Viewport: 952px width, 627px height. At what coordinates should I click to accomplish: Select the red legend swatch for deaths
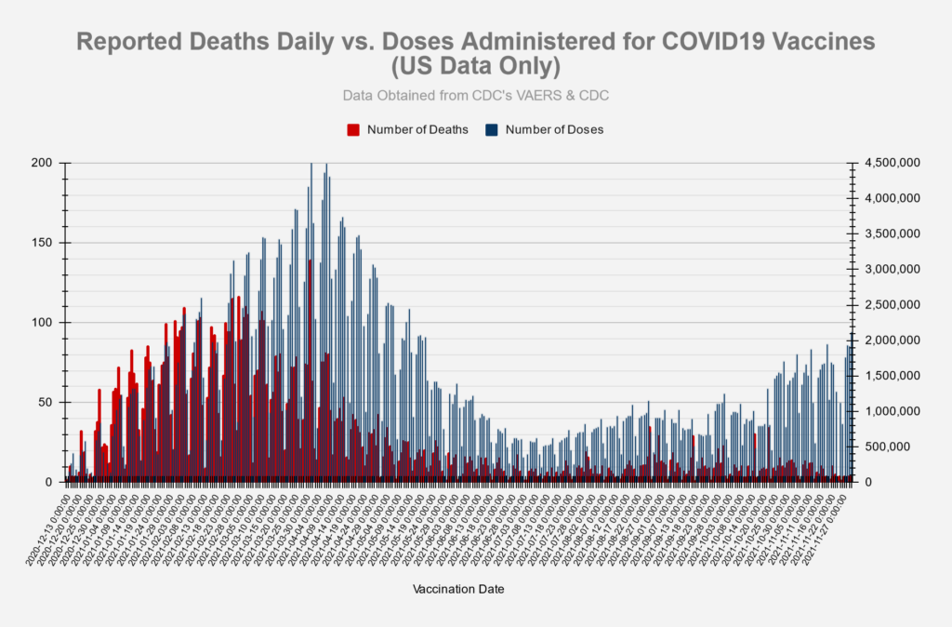click(x=353, y=129)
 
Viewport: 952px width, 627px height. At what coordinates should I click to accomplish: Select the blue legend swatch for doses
click(x=492, y=129)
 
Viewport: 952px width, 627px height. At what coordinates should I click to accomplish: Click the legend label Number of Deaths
click(x=417, y=129)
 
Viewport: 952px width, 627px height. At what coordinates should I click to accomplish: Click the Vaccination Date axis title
click(x=457, y=589)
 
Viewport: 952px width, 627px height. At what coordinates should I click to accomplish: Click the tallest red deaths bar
click(x=310, y=372)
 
